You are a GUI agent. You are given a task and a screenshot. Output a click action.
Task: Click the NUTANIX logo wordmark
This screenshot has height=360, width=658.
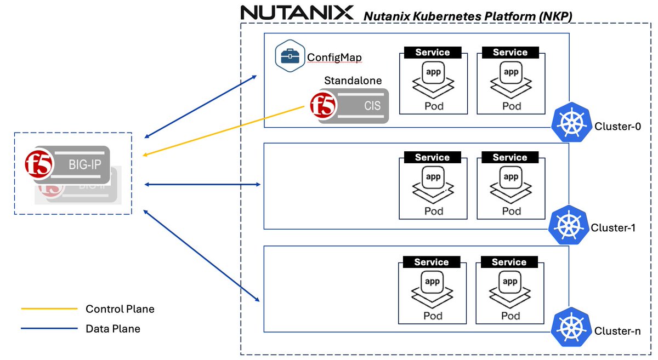click(x=297, y=13)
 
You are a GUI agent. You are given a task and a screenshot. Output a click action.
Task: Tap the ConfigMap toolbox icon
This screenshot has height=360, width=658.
click(x=290, y=56)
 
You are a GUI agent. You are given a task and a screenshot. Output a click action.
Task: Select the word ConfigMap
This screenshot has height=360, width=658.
click(x=334, y=57)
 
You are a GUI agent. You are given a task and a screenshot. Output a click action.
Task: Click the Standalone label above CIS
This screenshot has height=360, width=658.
click(x=353, y=81)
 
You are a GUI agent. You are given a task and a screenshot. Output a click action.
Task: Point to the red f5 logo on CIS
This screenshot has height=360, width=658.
click(x=322, y=105)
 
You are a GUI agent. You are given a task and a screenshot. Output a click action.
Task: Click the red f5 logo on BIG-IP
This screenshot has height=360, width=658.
click(x=39, y=164)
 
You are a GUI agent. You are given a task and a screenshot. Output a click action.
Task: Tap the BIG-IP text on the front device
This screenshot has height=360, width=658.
click(x=84, y=165)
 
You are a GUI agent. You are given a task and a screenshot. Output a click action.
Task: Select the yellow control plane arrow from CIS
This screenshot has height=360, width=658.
click(x=223, y=131)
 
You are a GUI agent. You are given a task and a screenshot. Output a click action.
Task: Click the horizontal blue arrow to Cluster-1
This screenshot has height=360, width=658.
click(x=202, y=185)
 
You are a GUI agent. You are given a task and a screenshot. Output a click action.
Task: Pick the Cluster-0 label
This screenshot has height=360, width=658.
click(x=617, y=126)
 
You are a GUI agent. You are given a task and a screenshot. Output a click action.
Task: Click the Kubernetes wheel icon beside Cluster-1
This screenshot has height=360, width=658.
click(x=569, y=225)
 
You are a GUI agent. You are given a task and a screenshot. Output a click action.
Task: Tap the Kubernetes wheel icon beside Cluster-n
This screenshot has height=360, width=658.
click(x=571, y=327)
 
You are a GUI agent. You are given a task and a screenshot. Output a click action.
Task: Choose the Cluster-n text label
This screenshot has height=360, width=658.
click(x=617, y=331)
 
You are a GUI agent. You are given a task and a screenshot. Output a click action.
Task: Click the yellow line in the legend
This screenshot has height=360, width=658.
click(x=49, y=308)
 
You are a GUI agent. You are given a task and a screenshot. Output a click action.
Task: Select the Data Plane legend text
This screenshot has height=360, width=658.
click(x=113, y=329)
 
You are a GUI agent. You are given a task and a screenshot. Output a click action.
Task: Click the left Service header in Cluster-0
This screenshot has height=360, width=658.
click(x=433, y=52)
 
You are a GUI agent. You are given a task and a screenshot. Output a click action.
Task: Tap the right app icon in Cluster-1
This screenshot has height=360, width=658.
click(x=511, y=178)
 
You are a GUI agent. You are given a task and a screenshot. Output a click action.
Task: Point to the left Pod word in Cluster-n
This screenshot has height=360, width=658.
click(x=433, y=316)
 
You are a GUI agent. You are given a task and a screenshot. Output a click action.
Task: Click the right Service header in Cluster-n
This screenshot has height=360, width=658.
click(x=509, y=262)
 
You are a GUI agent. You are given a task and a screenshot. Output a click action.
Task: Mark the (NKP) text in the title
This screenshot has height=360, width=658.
click(x=555, y=16)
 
